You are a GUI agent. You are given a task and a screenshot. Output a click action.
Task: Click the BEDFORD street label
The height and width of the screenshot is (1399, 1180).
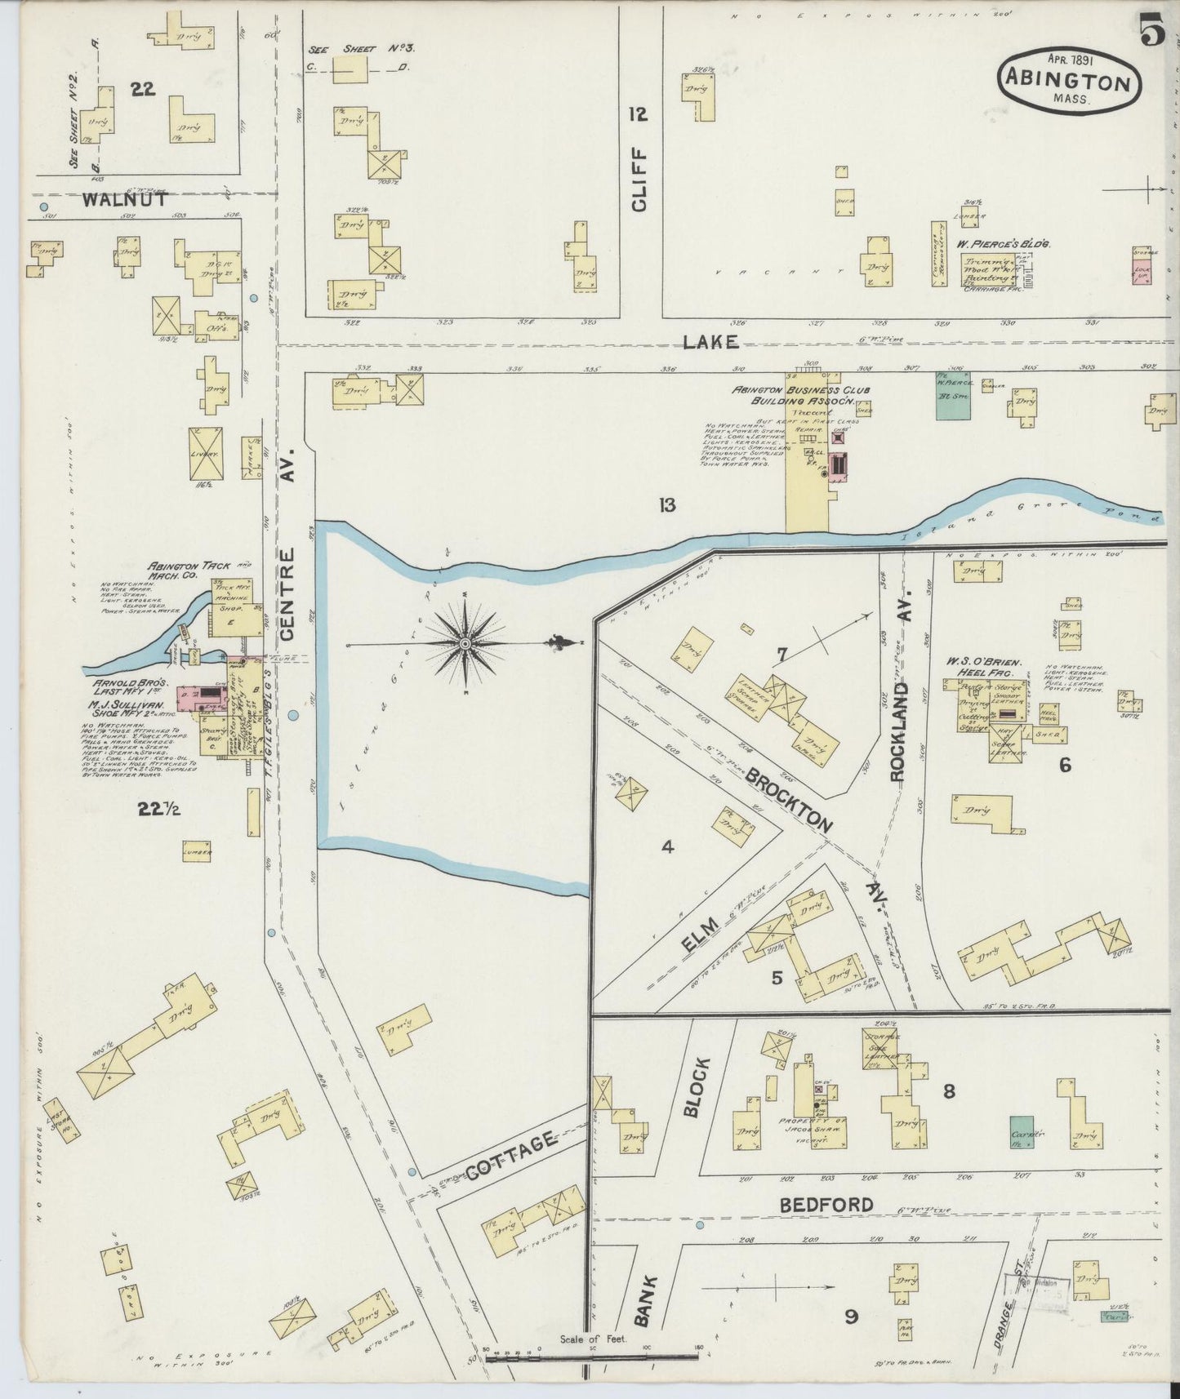[x=826, y=1204]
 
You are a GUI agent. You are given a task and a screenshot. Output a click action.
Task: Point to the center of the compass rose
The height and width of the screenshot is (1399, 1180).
[x=465, y=644]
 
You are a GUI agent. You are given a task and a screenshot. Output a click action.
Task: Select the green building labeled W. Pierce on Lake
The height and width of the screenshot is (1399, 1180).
[x=953, y=396]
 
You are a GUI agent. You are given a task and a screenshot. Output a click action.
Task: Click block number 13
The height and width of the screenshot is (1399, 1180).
[x=667, y=505]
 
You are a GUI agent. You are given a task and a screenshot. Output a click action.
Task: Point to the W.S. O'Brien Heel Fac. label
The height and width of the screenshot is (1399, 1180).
[x=985, y=667]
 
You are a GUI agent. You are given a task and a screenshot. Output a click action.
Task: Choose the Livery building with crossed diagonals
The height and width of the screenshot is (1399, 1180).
[x=206, y=455]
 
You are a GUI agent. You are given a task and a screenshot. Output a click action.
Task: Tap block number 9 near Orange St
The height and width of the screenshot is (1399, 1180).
[x=851, y=1317]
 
